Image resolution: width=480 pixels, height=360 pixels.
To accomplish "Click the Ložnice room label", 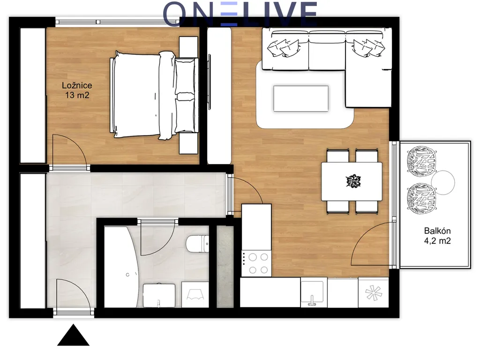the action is tap(77, 85).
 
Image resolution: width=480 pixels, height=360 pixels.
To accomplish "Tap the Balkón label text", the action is tap(437, 231).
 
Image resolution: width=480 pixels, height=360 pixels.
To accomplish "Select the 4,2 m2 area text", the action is tap(437, 241).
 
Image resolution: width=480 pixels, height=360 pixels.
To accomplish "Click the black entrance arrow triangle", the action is tap(73, 335).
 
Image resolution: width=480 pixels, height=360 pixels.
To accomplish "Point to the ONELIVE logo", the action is tap(240, 14).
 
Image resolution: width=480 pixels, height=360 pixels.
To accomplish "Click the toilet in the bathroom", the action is tap(197, 244).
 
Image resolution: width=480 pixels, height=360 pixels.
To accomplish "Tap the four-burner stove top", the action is tap(256, 263).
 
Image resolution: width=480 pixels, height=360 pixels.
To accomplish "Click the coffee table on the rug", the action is tap(301, 98).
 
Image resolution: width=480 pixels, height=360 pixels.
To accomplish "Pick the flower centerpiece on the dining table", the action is tap(353, 181).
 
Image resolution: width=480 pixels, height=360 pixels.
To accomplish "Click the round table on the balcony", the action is tap(443, 182).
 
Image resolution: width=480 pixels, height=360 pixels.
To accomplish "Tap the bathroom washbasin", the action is tap(159, 295).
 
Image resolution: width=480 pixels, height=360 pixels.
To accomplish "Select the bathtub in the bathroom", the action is tap(120, 267).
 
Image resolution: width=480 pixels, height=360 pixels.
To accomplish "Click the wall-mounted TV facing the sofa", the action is tap(210, 82).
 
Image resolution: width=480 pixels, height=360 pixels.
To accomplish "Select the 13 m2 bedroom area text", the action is tap(77, 95).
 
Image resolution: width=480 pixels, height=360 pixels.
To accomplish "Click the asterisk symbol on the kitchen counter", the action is tap(374, 293).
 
